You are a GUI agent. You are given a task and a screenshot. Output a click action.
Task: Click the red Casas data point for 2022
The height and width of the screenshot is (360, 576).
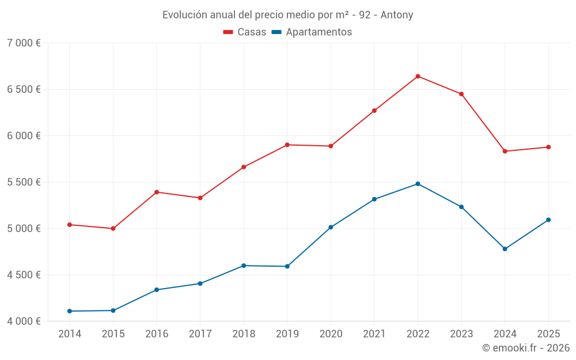point(418,76)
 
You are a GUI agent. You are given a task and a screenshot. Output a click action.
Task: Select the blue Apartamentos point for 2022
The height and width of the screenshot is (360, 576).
point(418,184)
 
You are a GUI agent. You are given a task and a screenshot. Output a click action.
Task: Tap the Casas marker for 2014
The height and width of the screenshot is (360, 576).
point(70,225)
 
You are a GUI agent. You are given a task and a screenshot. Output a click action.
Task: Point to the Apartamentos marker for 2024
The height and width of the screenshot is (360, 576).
point(505,249)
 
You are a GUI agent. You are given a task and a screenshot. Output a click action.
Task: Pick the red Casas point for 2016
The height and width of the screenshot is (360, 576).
point(157,192)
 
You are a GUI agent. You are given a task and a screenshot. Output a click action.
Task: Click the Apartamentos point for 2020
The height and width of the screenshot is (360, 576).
point(331,227)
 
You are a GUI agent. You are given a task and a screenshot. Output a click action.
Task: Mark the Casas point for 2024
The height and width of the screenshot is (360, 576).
point(505,151)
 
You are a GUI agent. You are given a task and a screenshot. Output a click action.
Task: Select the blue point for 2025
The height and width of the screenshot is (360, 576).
point(548,219)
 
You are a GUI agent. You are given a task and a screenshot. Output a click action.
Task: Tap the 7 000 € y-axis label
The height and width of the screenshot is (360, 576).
point(24,43)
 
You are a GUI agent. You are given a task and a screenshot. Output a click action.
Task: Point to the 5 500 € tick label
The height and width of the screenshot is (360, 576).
point(24,182)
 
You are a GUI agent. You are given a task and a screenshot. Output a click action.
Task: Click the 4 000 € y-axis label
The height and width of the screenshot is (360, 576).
point(24,321)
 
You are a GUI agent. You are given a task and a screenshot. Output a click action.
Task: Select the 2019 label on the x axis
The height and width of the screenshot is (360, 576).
point(287,334)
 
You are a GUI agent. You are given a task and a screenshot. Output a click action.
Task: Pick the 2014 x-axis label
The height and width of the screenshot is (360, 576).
point(70,334)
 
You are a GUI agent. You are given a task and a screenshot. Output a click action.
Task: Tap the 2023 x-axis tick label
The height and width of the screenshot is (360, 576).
point(461,334)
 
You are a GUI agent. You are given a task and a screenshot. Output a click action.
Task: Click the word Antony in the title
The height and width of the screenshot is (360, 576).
point(397,15)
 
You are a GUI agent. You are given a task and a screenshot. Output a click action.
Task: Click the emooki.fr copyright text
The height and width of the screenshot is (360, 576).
point(525,348)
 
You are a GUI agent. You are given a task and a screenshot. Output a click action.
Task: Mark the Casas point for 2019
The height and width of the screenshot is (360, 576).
point(287,145)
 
